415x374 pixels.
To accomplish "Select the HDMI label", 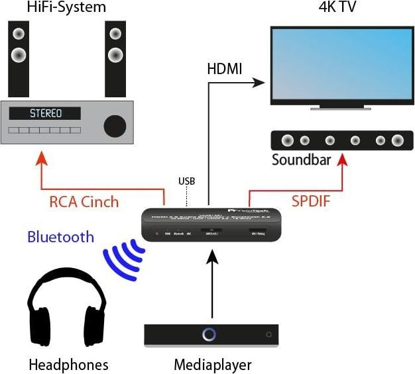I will [x=225, y=70].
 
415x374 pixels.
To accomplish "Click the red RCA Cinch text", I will [x=84, y=201].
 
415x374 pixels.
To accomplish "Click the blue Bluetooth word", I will [x=60, y=237].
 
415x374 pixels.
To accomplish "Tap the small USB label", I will [x=187, y=181].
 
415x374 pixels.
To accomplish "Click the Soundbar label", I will [x=302, y=160].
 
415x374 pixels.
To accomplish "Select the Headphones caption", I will [x=68, y=365].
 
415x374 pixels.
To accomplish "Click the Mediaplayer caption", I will [x=213, y=365].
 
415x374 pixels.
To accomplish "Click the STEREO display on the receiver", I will [x=46, y=113].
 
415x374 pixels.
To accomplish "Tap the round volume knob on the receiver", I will [x=114, y=124].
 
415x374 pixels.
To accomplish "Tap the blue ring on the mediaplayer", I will [x=209, y=334].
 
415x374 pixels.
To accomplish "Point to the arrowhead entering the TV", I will [x=260, y=83].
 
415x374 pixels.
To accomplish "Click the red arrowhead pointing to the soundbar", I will [x=342, y=161].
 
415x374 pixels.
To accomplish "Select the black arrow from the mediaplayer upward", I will [x=211, y=285].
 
